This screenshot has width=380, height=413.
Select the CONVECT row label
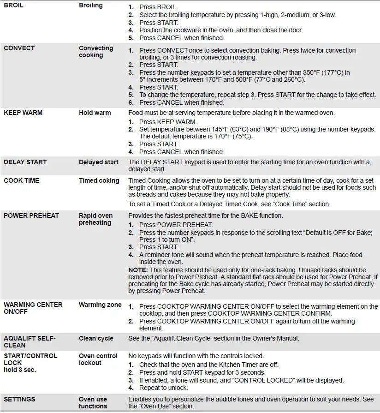point(19,48)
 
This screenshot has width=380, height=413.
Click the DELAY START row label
point(25,162)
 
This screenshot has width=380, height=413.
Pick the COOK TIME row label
point(21,180)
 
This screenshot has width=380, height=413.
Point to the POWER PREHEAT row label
point(31,215)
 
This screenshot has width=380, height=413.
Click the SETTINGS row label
point(19,399)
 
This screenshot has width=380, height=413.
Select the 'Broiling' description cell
point(91,6)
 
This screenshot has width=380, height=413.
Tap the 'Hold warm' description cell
point(95,113)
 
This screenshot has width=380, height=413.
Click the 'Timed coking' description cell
point(99,180)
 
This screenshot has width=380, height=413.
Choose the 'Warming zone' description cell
point(100,305)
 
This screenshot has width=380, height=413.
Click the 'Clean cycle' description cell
point(96,338)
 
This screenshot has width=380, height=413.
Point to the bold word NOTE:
point(137,270)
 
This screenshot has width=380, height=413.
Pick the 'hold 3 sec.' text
point(19,370)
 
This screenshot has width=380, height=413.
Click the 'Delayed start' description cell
point(98,162)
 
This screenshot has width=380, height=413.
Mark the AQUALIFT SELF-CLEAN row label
point(30,341)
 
